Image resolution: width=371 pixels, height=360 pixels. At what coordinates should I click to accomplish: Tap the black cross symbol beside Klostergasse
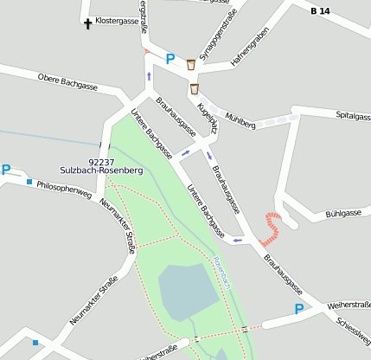(x=87, y=22)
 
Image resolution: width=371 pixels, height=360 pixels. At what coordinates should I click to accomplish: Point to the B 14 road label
(x=320, y=11)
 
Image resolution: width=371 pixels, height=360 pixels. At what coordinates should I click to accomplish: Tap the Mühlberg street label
(x=240, y=120)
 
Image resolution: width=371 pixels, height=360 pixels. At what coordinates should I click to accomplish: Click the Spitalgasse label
(x=353, y=115)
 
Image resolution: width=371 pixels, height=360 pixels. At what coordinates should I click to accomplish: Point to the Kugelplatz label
(x=208, y=119)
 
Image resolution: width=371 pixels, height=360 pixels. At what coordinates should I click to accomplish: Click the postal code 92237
(x=101, y=161)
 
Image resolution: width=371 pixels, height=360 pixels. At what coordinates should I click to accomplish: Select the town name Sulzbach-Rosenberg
(x=101, y=170)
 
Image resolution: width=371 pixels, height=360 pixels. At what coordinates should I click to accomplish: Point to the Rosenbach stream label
(x=224, y=272)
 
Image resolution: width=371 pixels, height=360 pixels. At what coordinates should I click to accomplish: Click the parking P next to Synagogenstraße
(x=170, y=60)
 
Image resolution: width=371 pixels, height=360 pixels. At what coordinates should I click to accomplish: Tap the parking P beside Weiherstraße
(x=299, y=309)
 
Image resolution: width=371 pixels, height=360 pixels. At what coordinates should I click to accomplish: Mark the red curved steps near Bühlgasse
(x=272, y=227)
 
